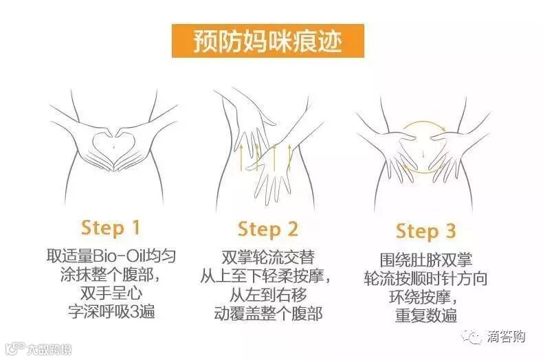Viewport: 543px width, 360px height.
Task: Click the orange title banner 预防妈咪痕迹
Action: pos(267,41)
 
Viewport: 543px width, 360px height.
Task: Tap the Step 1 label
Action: pos(111,228)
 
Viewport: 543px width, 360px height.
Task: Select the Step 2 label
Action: pos(267,229)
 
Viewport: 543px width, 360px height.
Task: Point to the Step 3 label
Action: pos(425,231)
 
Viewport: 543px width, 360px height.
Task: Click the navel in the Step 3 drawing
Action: pos(423,153)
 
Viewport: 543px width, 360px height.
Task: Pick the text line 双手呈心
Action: pos(111,293)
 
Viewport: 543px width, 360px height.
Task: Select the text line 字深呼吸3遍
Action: pos(111,312)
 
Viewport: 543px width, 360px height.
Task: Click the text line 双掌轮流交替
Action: pos(268,258)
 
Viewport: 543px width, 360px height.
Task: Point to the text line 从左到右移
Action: pos(268,295)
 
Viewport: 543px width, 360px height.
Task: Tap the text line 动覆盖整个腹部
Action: pos(268,313)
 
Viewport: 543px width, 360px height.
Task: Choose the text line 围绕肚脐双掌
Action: pos(426,260)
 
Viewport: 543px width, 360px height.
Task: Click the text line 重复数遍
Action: pos(426,315)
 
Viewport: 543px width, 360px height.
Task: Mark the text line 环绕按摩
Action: pos(420,297)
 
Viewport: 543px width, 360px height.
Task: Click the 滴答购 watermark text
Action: pos(507,337)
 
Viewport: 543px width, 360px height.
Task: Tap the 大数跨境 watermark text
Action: pos(49,350)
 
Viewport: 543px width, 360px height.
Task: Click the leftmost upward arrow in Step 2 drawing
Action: pos(241,158)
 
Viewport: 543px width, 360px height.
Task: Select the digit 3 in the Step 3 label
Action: pos(450,231)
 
